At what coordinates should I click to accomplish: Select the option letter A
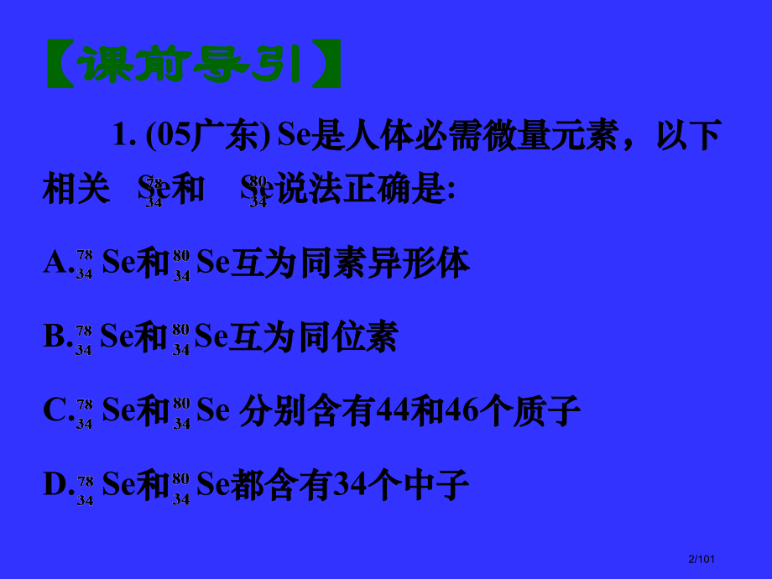point(55,264)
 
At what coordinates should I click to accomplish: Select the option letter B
point(55,337)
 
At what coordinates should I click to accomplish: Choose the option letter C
point(55,411)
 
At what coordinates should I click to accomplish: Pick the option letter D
point(55,484)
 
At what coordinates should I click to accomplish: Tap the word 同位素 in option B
point(348,337)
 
